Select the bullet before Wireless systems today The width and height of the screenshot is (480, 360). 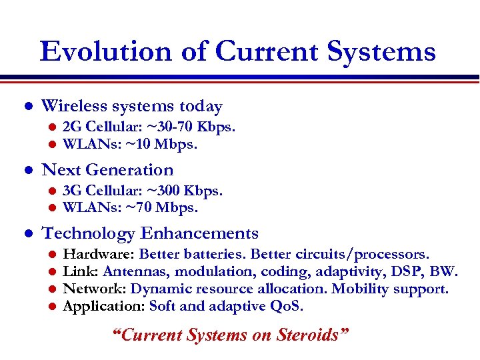tap(27, 107)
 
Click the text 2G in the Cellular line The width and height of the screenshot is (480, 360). tap(71, 127)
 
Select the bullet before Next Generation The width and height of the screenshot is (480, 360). tap(27, 171)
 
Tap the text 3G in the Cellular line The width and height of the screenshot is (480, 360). tap(71, 191)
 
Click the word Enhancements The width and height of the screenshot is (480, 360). tap(199, 233)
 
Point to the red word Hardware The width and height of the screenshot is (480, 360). tap(99, 254)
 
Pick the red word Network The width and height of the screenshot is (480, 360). tap(95, 289)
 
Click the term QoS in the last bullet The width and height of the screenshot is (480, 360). tap(287, 307)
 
